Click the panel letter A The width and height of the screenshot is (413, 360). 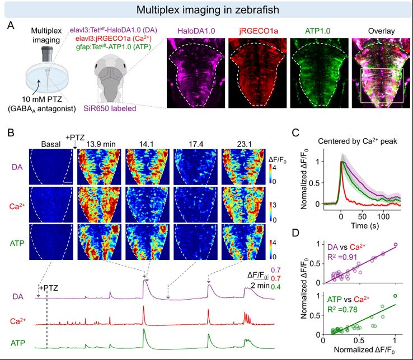(11, 27)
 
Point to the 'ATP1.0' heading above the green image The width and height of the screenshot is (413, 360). (316, 31)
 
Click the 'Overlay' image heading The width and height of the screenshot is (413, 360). (377, 31)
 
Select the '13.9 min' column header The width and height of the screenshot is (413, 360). (100, 143)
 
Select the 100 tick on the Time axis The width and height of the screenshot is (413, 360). (382, 215)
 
